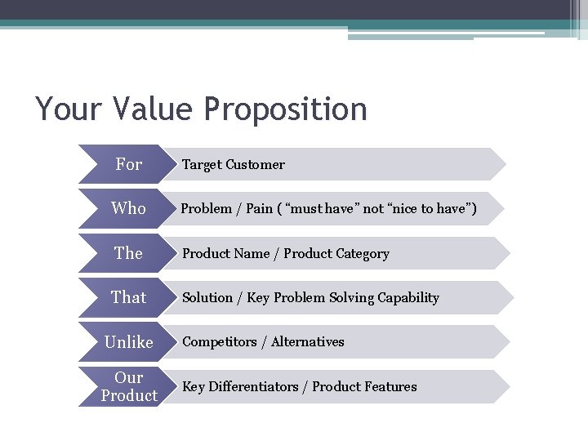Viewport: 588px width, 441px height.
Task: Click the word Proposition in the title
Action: [286, 109]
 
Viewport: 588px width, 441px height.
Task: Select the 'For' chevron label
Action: [128, 164]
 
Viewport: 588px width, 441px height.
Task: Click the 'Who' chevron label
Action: [128, 208]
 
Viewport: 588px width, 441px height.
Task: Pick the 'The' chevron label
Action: [128, 253]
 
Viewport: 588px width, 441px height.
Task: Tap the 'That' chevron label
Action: [128, 297]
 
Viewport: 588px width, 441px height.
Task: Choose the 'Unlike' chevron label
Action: [128, 342]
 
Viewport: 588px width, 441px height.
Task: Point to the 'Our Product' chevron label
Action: [128, 386]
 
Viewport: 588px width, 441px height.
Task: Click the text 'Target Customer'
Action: [233, 164]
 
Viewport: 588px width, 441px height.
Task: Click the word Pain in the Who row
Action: [259, 209]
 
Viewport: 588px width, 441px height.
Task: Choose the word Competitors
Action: [219, 342]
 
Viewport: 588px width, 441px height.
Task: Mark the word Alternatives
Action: [307, 342]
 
